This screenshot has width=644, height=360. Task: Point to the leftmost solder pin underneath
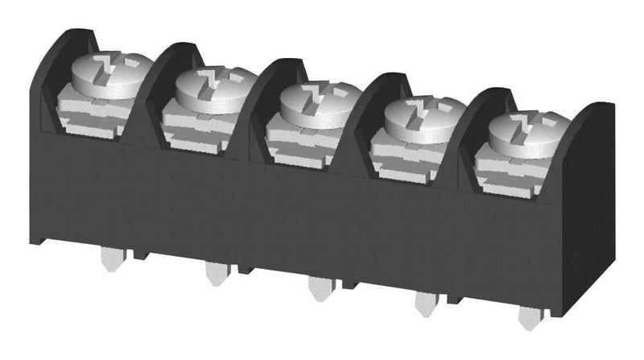tap(110, 259)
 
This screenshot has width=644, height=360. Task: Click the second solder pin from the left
tap(214, 273)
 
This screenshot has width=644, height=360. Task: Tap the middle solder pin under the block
tap(318, 288)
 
